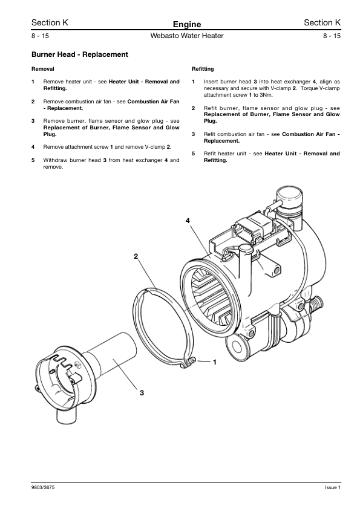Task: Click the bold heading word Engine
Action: coord(187,24)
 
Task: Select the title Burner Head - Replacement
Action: coord(80,54)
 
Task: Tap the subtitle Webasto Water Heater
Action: coord(187,36)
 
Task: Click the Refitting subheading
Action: coord(203,69)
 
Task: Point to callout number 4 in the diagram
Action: coord(188,221)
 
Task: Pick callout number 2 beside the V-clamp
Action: coord(136,256)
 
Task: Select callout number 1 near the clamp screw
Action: coord(215,362)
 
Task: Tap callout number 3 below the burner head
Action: coord(142,393)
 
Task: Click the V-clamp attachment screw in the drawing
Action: coord(192,359)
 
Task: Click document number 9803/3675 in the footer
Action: coord(41,487)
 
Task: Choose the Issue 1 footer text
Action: coord(333,487)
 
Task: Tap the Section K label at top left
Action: coord(50,22)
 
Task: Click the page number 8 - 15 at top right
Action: coord(332,36)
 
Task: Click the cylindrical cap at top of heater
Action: coord(289,199)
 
